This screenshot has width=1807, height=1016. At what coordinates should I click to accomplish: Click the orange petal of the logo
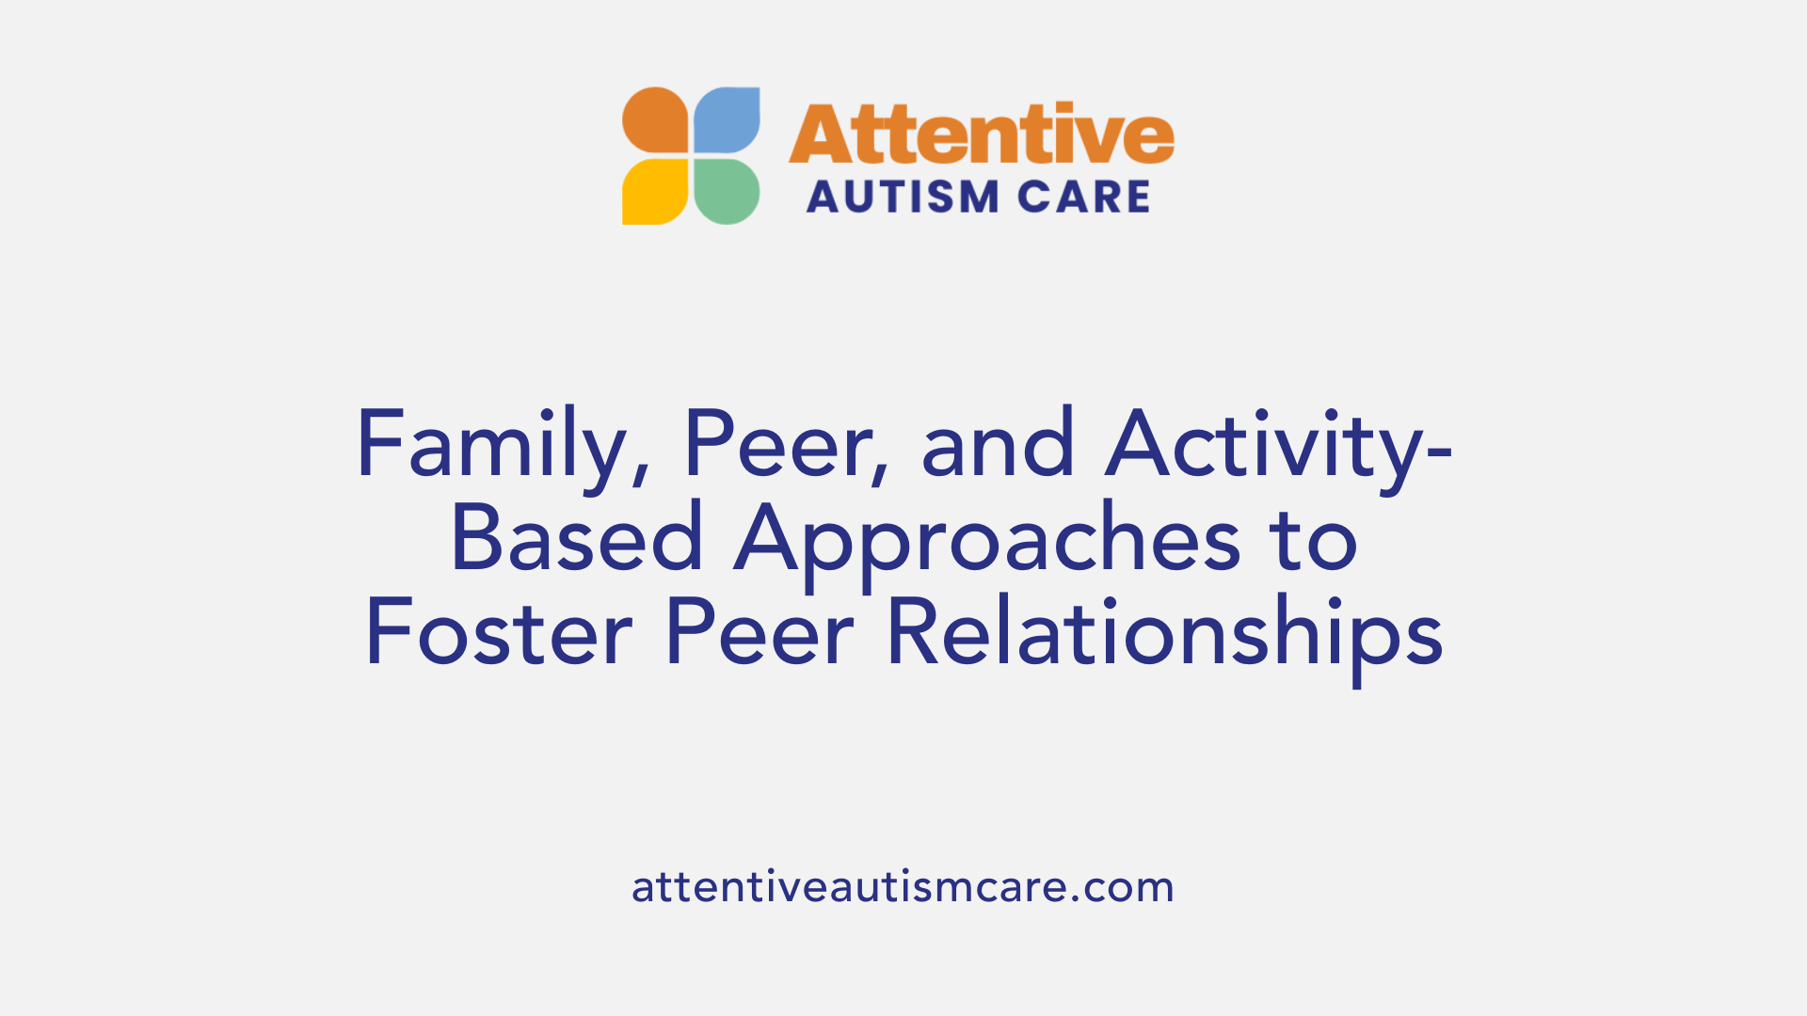(656, 119)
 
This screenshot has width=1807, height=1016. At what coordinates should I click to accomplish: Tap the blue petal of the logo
(727, 119)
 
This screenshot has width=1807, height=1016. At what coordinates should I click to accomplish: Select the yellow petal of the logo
(656, 192)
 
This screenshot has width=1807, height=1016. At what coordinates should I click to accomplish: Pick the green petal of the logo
(727, 192)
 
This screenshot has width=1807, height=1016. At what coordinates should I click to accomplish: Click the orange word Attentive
(981, 135)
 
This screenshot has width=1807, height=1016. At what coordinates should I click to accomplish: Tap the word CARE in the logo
(1083, 198)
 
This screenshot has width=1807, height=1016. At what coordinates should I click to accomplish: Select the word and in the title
(998, 445)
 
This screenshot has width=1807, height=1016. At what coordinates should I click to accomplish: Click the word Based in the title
(577, 539)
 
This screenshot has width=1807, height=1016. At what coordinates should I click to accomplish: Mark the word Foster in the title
(499, 633)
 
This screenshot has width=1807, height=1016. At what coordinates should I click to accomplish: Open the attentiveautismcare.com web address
(903, 887)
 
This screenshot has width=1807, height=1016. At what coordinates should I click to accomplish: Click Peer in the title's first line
(776, 445)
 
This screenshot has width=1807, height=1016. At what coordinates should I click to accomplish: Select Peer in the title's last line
(759, 633)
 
